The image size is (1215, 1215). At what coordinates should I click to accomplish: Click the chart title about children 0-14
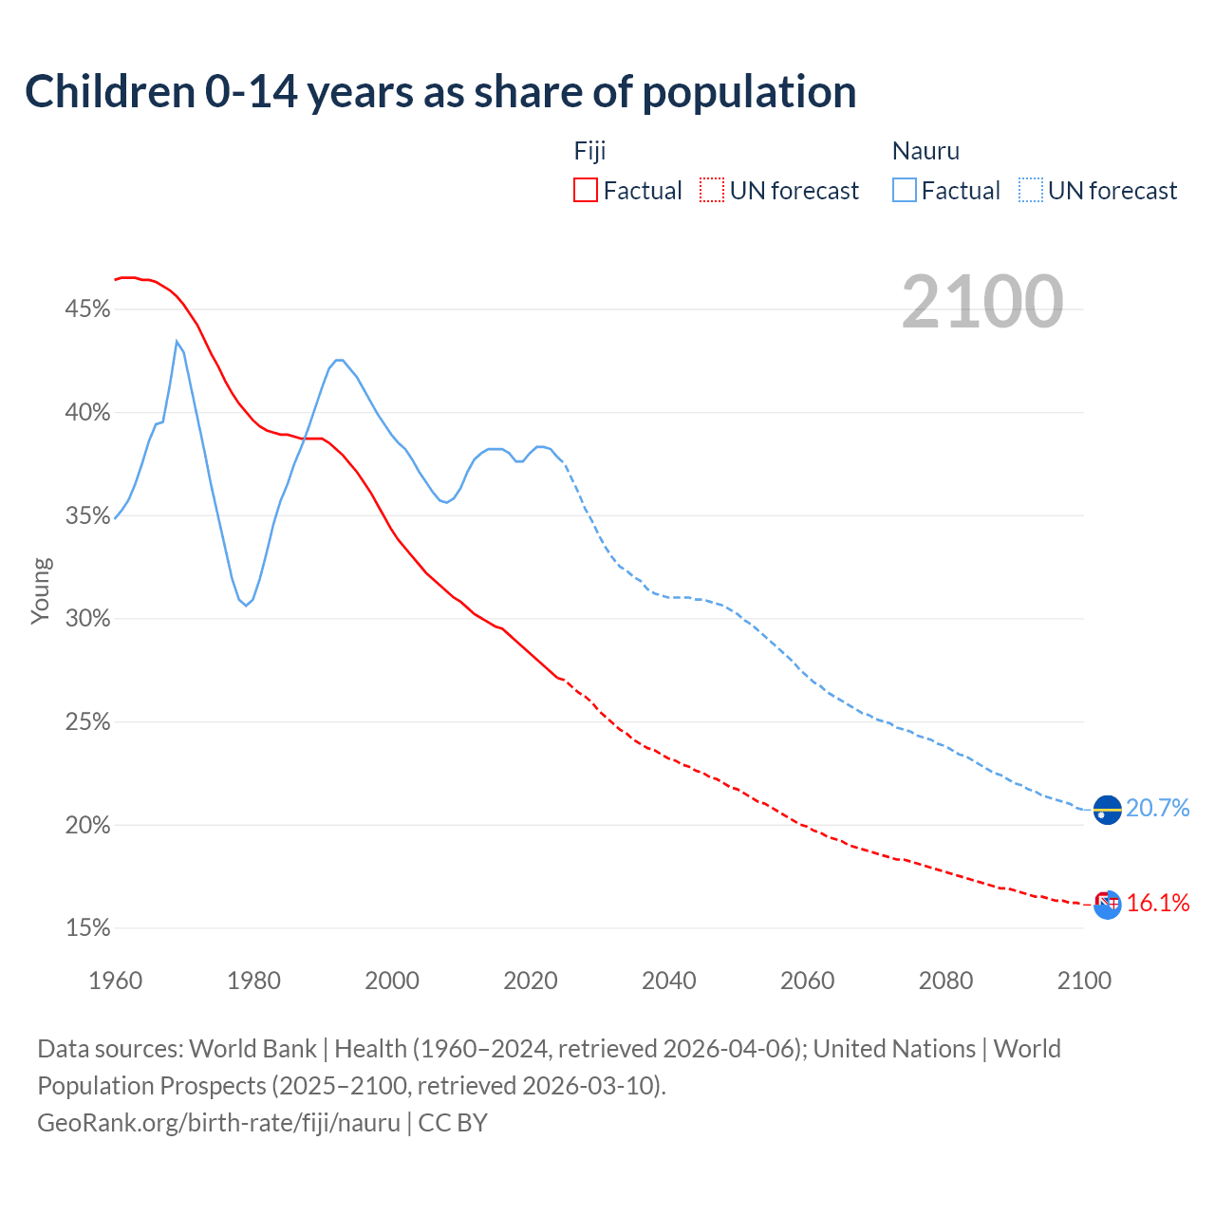(440, 92)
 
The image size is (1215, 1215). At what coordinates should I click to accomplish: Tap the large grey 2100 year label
(982, 302)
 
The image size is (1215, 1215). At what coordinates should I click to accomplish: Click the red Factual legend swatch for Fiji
(586, 190)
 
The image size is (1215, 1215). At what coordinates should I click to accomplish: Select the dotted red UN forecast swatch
(712, 190)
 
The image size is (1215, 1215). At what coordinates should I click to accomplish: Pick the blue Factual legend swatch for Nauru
(905, 190)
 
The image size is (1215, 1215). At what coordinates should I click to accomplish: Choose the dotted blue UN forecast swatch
(1031, 190)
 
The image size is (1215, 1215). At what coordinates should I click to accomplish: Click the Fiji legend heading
(589, 151)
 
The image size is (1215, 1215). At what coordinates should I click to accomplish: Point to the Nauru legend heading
(925, 151)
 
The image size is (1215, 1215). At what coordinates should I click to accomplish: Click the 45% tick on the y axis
(87, 309)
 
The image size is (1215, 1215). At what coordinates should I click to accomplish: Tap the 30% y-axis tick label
(87, 619)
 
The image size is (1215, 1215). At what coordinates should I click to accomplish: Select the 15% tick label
(87, 928)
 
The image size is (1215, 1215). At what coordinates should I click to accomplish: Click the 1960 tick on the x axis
(116, 981)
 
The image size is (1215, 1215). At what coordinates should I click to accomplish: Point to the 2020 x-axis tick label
(531, 981)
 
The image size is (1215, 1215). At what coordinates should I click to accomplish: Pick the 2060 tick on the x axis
(807, 981)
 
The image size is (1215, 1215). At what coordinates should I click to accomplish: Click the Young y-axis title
(40, 590)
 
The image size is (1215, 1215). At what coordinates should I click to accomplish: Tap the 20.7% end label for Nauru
(1157, 808)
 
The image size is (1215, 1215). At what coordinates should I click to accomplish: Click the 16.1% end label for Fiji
(1158, 903)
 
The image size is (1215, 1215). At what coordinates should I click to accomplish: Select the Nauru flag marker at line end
(1107, 810)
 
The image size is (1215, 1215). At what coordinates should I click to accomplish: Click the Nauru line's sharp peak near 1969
(177, 342)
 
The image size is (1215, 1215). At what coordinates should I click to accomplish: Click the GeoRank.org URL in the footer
(218, 1123)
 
